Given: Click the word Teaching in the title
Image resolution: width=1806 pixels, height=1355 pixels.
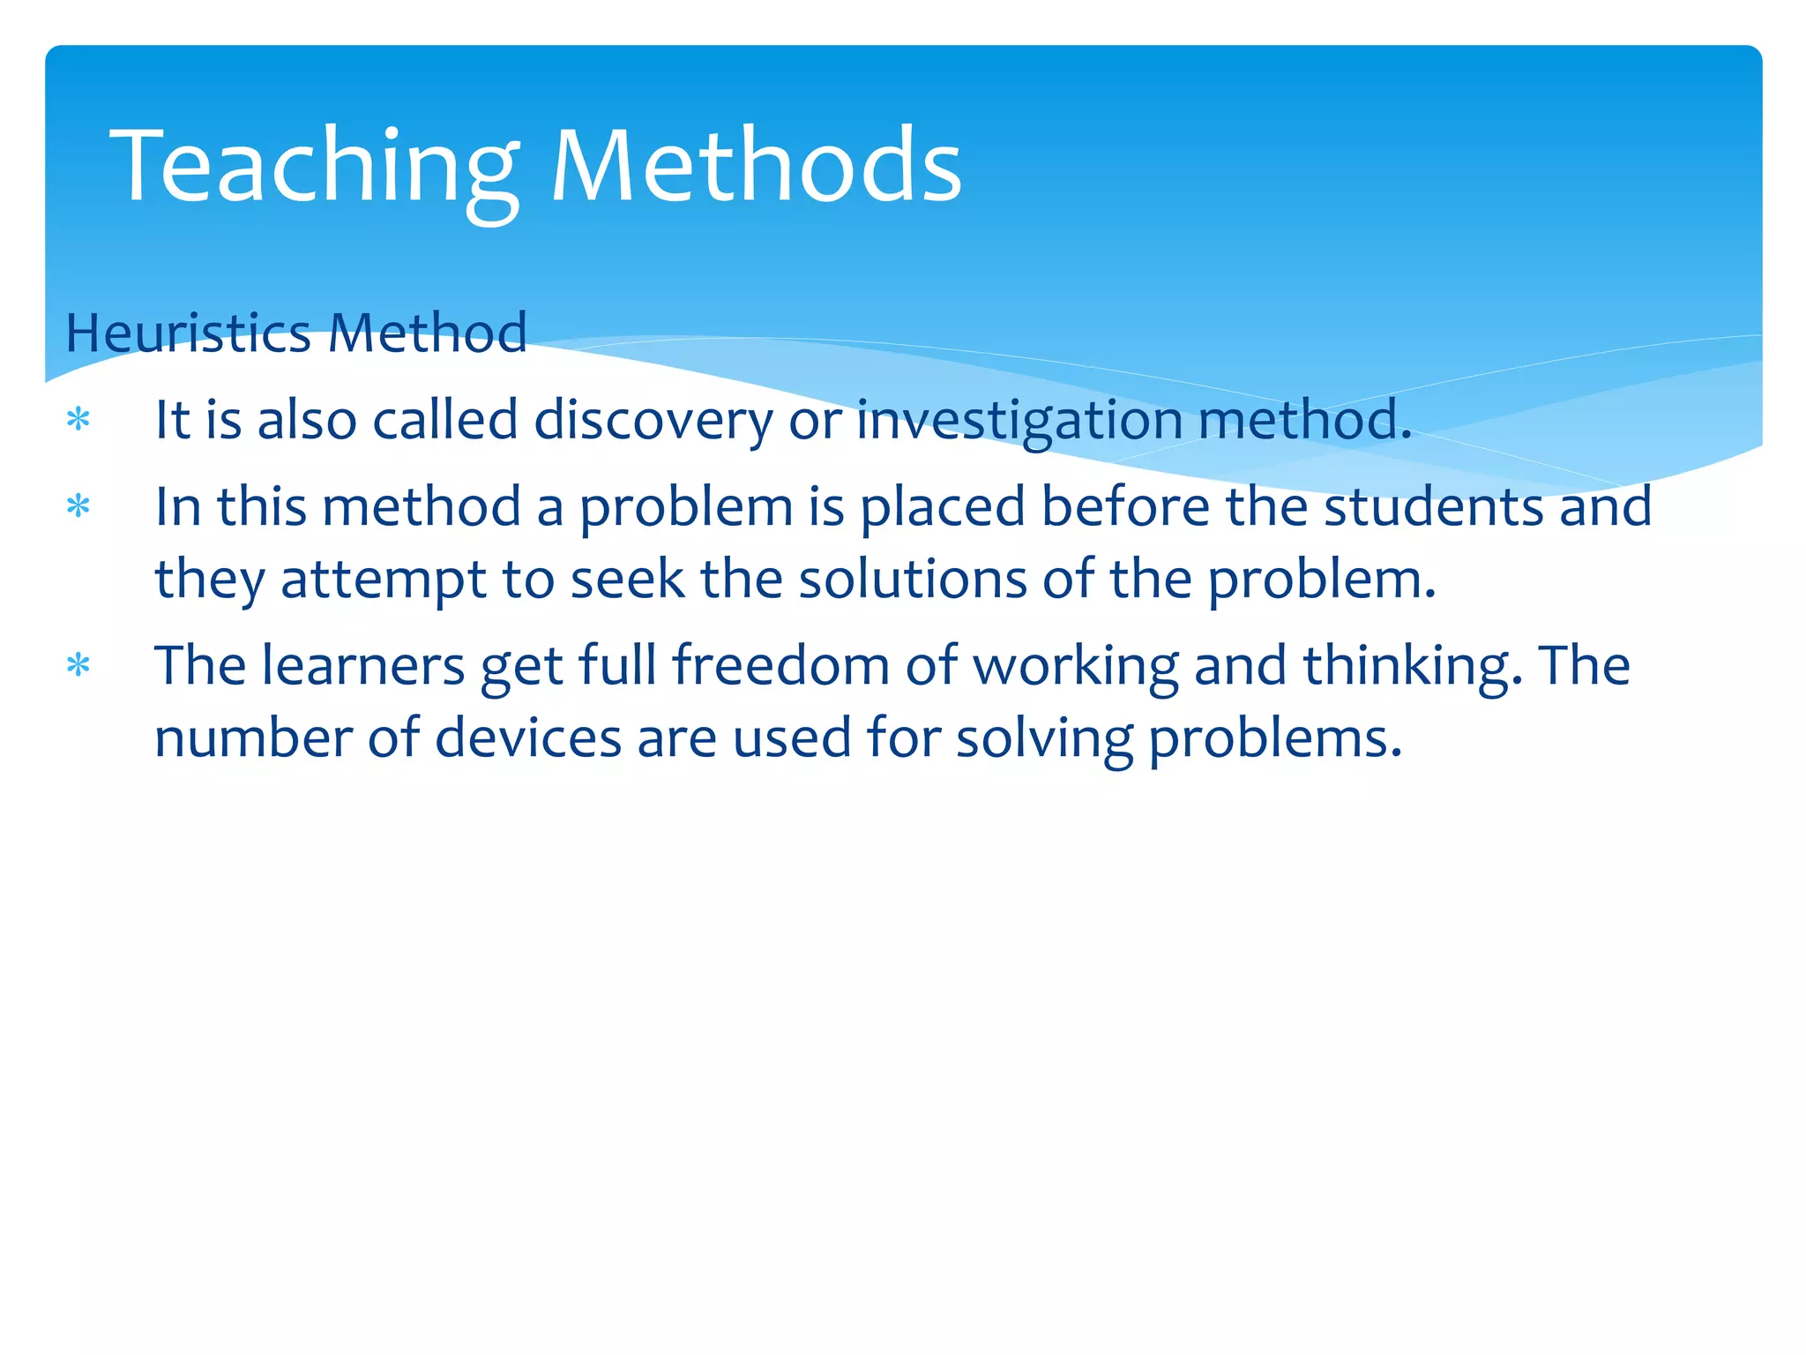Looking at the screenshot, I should tap(313, 168).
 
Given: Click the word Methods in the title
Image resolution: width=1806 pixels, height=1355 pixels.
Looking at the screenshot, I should tap(756, 168).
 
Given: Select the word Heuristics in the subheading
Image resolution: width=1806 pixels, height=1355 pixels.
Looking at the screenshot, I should tap(188, 333).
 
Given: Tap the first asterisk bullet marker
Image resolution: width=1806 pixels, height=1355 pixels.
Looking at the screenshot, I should tap(78, 420).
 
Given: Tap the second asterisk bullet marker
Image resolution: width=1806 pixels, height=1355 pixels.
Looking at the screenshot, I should tap(78, 507).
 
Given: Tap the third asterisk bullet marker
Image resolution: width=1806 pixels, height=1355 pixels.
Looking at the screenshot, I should tap(78, 666).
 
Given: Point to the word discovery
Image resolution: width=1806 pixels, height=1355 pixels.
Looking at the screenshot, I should tap(653, 420).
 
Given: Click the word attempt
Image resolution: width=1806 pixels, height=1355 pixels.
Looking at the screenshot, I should tap(383, 580).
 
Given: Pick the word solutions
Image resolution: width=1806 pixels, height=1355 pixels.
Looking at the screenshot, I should tap(913, 580).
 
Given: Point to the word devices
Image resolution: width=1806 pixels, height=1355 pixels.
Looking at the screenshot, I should tap(528, 738).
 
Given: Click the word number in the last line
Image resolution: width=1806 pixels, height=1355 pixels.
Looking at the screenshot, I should tap(252, 738).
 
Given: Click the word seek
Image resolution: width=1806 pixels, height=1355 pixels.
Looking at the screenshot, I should tap(627, 580).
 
